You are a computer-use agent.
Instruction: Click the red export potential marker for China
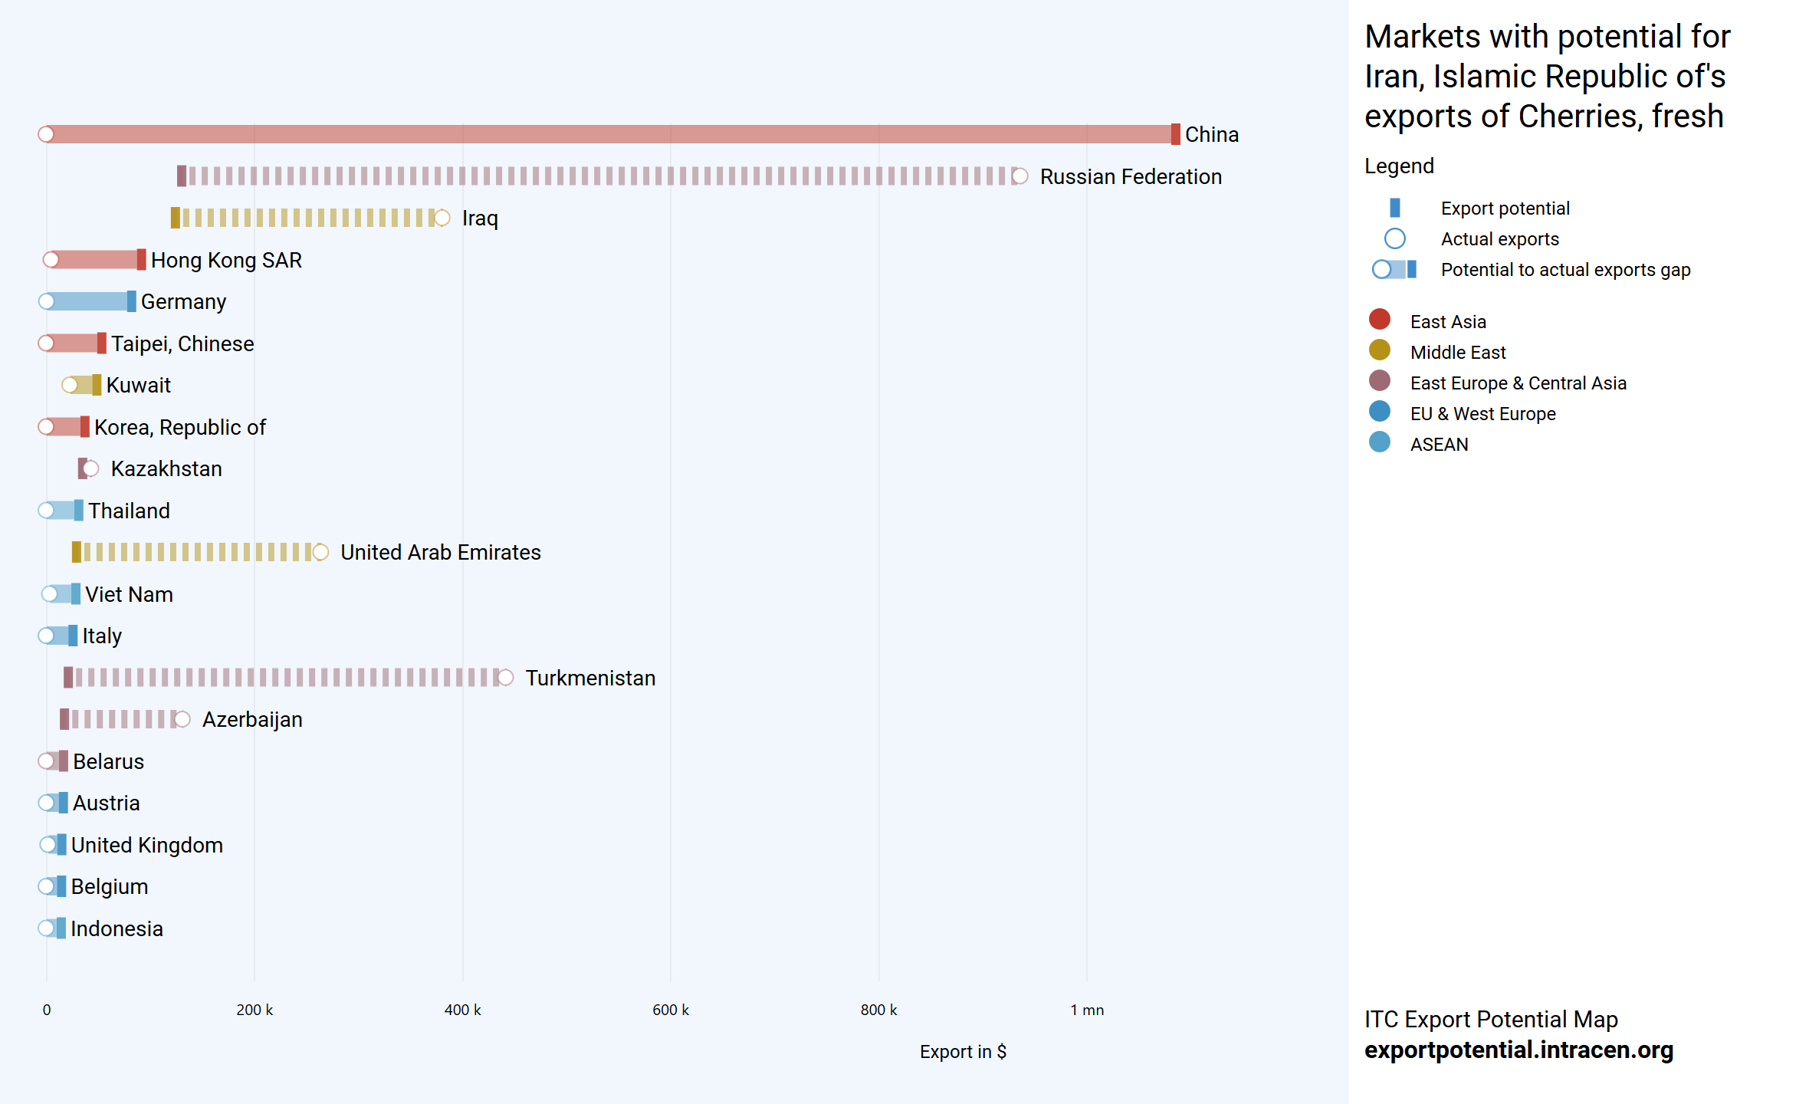point(1175,134)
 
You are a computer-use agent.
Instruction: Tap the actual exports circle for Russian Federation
point(1019,176)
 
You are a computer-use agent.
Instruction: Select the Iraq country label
point(480,219)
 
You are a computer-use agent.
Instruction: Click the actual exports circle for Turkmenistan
point(505,678)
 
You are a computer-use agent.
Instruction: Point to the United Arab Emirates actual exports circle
point(320,552)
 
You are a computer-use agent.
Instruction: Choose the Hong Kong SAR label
point(226,260)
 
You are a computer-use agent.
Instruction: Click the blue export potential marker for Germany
point(132,301)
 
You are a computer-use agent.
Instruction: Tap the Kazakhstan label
point(166,468)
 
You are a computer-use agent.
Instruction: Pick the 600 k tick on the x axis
point(670,1010)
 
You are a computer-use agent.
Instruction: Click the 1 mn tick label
point(1087,1010)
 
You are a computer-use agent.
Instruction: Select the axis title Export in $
point(963,1051)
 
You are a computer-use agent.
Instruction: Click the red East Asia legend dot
point(1380,319)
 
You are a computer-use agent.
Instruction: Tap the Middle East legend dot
point(1380,350)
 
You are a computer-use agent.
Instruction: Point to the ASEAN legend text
point(1439,445)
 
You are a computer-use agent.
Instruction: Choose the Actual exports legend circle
point(1395,238)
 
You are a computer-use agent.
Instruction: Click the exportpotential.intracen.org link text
point(1518,1050)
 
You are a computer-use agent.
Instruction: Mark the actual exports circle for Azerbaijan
point(182,719)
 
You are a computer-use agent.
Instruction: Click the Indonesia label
point(117,928)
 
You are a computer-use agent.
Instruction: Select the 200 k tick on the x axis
point(254,1010)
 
